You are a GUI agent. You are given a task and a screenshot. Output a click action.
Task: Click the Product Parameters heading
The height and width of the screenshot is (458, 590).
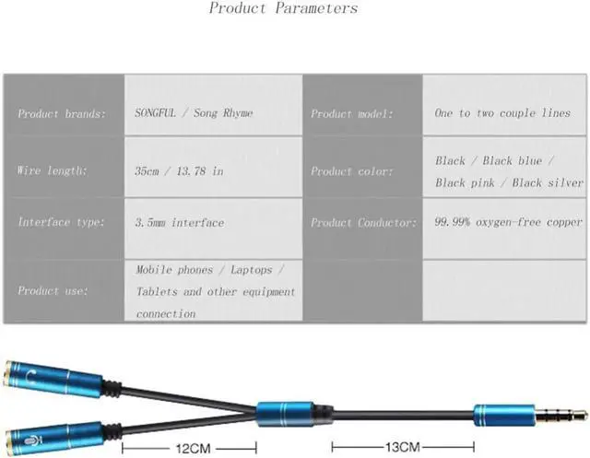[283, 9]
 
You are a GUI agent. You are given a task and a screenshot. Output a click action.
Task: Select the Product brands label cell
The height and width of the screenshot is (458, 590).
[61, 114]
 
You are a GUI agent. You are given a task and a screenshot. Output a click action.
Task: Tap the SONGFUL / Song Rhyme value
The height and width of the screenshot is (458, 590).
[195, 113]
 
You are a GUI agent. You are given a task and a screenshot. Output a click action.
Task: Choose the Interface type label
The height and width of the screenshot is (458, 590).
[61, 223]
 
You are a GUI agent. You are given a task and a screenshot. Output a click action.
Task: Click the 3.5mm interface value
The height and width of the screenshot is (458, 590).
[180, 223]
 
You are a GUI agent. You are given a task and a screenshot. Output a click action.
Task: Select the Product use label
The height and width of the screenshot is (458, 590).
[53, 291]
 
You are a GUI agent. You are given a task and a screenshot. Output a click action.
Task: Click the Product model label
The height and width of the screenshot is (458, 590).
[351, 114]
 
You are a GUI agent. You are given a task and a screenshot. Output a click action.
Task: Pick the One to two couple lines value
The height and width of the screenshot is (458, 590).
[502, 113]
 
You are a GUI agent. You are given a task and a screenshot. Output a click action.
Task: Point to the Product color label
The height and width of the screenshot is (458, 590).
[351, 171]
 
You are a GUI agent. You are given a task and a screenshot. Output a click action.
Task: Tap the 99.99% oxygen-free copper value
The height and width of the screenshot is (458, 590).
[509, 222]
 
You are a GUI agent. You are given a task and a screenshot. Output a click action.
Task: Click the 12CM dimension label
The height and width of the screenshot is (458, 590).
[189, 448]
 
